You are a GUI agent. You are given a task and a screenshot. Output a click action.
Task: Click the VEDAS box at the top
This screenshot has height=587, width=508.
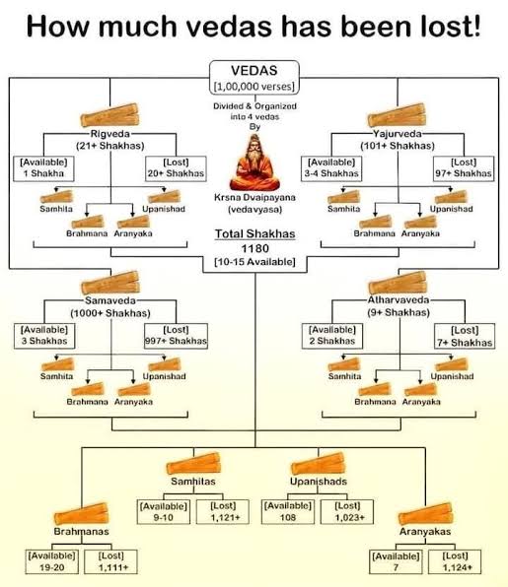254,78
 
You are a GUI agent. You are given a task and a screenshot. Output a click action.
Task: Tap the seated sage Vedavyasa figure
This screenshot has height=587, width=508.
254,163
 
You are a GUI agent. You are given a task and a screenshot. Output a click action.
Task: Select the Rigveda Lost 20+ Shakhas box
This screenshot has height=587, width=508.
176,168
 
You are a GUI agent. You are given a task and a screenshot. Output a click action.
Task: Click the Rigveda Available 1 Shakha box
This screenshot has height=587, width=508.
43,168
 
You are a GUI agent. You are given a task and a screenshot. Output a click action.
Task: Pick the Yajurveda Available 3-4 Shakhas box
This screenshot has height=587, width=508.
331,168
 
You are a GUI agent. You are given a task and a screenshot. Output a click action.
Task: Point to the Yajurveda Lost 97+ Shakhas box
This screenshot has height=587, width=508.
464,168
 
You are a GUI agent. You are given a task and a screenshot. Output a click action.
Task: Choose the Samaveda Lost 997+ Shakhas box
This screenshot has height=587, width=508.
176,336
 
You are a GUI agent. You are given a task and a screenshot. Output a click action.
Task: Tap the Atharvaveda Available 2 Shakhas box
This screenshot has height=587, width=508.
332,336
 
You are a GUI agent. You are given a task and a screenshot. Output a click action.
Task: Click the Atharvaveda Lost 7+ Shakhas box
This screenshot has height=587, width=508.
465,336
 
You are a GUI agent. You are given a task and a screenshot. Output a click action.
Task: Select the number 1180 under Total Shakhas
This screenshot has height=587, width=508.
254,248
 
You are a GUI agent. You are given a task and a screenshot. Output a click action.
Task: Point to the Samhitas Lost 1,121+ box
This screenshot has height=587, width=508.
223,512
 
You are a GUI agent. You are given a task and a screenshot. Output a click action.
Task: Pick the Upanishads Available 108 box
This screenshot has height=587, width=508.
288,512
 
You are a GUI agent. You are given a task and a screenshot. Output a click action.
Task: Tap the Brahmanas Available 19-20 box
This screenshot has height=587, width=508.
51,561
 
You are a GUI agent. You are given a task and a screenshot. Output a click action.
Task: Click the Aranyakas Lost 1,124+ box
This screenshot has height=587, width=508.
455,561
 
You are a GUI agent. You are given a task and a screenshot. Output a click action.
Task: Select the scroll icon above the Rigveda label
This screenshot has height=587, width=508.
109,115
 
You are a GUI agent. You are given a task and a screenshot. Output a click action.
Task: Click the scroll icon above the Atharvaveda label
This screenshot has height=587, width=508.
398,283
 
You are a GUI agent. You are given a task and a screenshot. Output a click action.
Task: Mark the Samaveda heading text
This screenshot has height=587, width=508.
110,300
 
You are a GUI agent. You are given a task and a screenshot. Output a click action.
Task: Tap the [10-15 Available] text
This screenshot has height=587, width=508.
254,262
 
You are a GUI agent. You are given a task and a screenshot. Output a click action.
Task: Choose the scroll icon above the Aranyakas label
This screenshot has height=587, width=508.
426,514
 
